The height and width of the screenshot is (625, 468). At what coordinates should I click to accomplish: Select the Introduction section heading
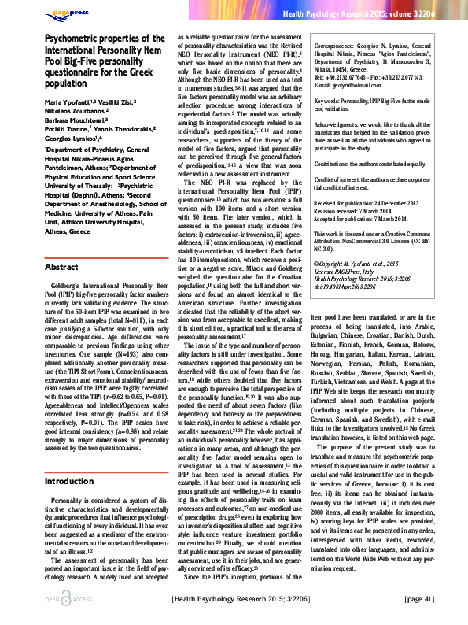pyautogui.click(x=72, y=458)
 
